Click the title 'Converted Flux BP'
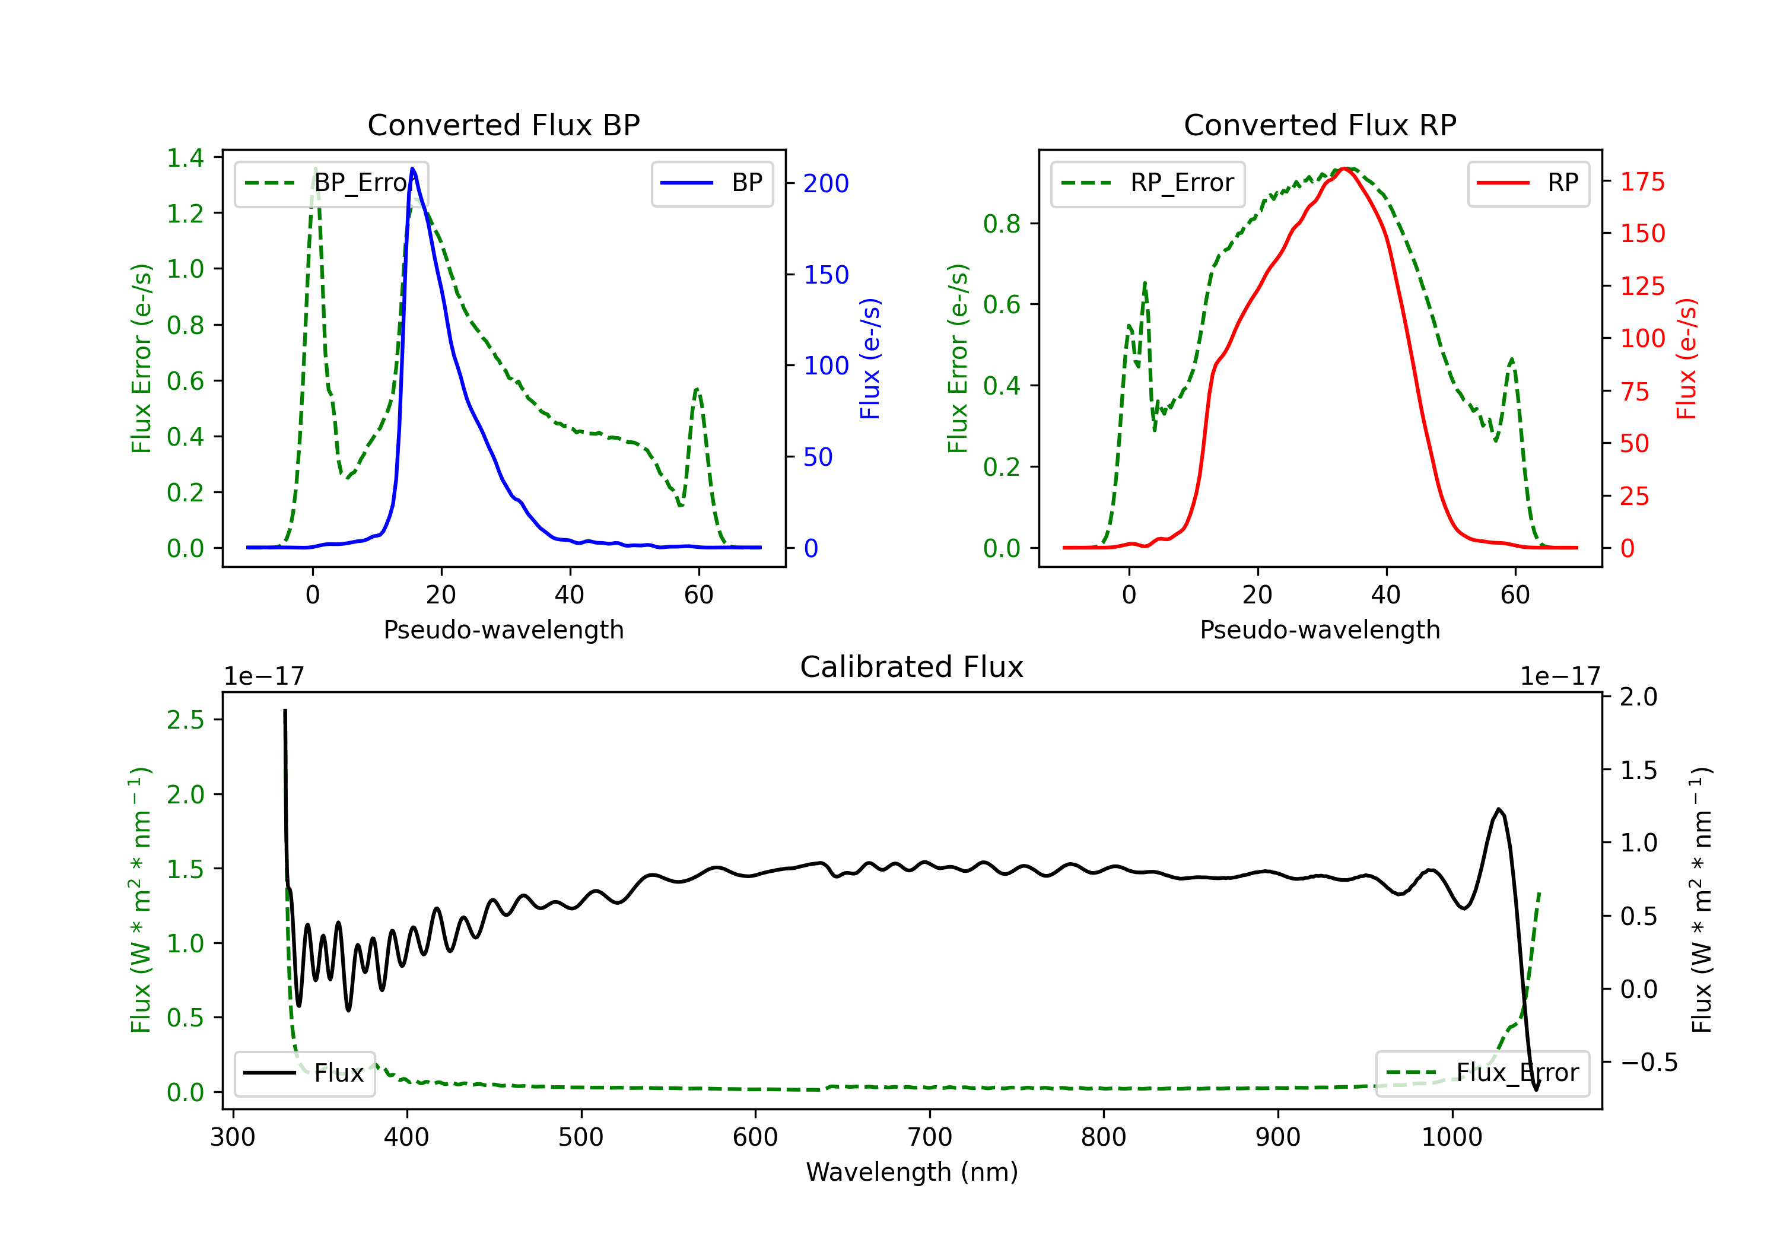tap(503, 125)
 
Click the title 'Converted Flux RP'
tap(1320, 125)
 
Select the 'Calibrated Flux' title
tap(912, 667)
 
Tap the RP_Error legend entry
tap(1148, 183)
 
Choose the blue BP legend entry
tap(711, 183)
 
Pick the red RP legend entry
tap(1528, 183)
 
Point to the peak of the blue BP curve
tap(412, 169)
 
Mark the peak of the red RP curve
tap(1346, 169)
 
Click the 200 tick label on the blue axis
tap(826, 184)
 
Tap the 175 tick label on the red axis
tap(1642, 182)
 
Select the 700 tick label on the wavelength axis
tap(929, 1137)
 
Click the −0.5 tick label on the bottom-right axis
tap(1648, 1062)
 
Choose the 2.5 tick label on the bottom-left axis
tap(185, 720)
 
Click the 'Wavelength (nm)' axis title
tap(912, 1172)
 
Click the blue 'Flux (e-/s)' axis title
tap(869, 358)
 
